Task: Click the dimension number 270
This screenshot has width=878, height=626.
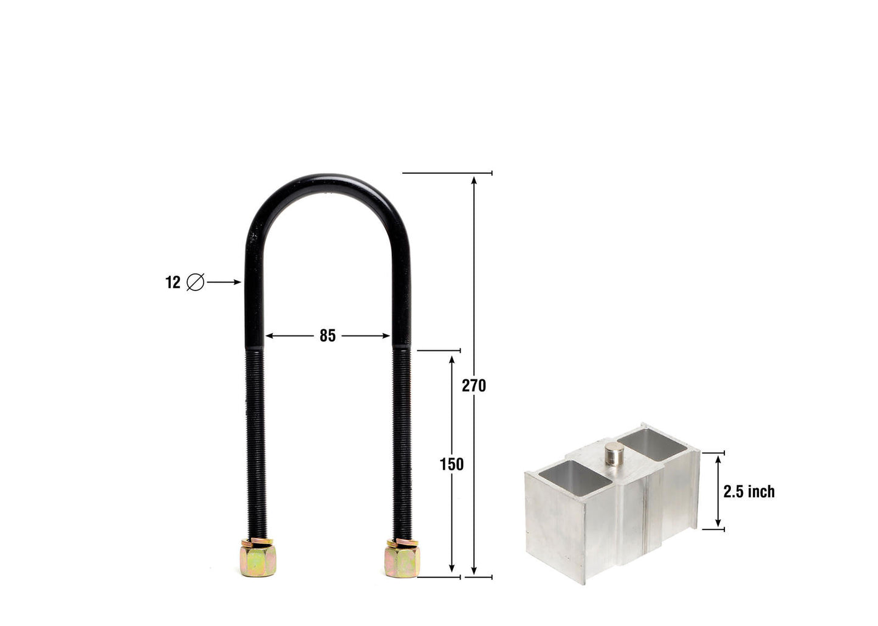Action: coord(473,385)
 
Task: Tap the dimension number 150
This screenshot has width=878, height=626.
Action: coord(451,464)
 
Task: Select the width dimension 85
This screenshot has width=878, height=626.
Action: coord(328,335)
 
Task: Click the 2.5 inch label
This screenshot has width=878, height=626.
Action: coord(749,491)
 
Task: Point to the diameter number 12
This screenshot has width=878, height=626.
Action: coord(173,283)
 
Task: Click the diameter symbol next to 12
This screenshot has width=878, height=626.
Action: coord(195,283)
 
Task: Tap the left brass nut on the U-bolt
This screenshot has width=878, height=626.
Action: coord(259,558)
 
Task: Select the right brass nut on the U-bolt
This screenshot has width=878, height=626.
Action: coord(401,558)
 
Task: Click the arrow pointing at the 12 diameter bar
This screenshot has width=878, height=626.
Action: coord(225,283)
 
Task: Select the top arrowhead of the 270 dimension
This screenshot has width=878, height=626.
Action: coord(473,179)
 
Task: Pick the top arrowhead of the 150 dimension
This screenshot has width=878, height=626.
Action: coord(451,359)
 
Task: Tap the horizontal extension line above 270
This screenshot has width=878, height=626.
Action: coord(447,173)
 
